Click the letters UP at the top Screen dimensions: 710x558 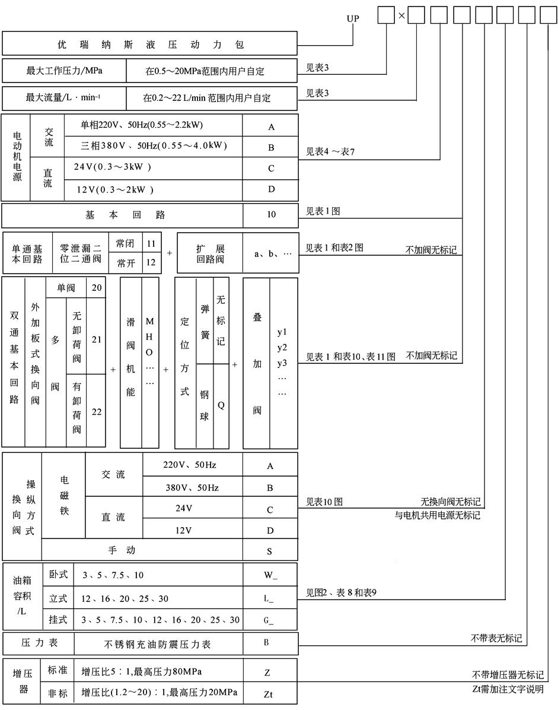[353, 18]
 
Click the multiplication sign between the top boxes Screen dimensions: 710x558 [401, 15]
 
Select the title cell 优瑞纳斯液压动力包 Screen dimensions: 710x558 [149, 45]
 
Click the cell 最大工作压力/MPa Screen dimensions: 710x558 [64, 71]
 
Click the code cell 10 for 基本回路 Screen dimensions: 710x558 [270, 215]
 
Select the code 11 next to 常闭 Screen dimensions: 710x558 [151, 243]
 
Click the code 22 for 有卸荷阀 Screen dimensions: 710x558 [96, 412]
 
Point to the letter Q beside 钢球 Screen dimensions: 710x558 [221, 405]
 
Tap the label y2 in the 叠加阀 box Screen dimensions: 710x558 [282, 347]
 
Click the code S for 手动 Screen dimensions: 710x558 [270, 550]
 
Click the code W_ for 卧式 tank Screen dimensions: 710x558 [269, 575]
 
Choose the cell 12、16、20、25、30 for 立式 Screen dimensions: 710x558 [126, 598]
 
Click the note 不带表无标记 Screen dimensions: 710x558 [496, 638]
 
